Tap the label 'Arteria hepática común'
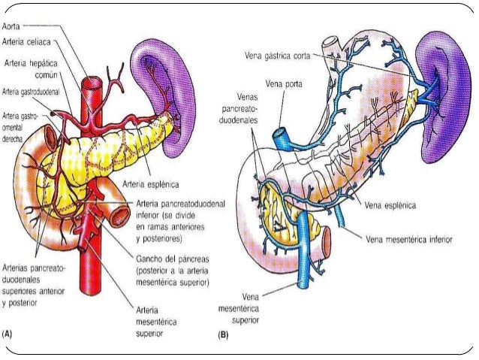[33, 69]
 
